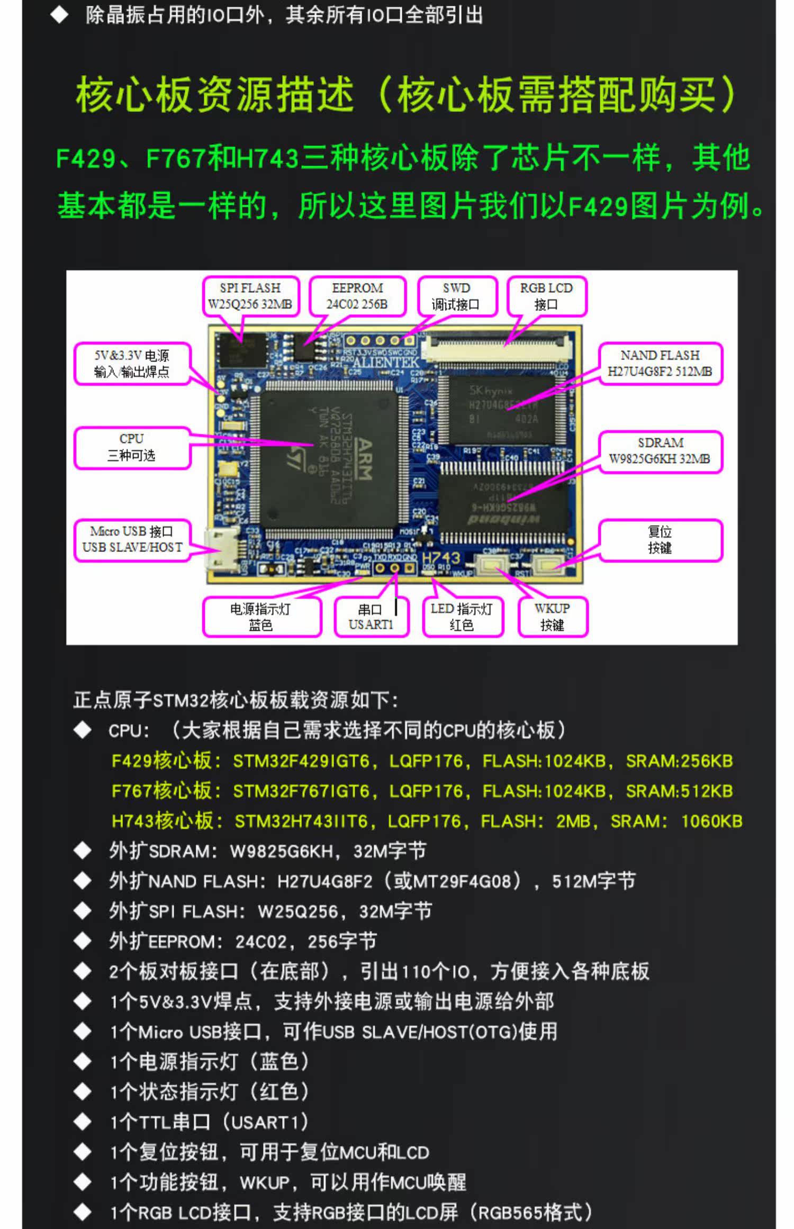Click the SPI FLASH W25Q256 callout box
tap(250, 296)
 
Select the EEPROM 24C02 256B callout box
tap(357, 296)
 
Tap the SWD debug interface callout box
tap(457, 296)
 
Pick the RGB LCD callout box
tap(546, 296)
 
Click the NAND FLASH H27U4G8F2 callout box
tap(660, 363)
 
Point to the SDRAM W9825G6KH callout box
tap(660, 451)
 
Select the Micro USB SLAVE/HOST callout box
tap(132, 539)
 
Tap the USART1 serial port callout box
tap(371, 617)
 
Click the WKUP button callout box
tap(552, 617)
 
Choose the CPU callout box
tap(132, 447)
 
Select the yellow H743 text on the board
tap(441, 558)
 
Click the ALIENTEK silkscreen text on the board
tap(385, 363)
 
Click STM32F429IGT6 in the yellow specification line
tap(301, 761)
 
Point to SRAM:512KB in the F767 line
tap(679, 791)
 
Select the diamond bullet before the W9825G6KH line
tap(83, 851)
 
